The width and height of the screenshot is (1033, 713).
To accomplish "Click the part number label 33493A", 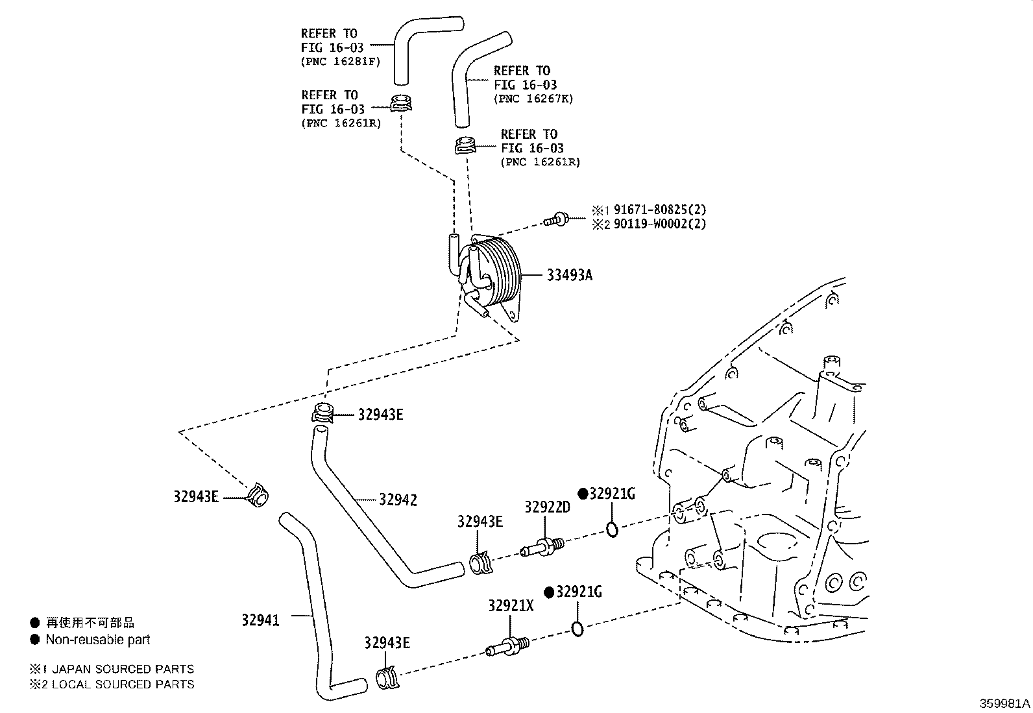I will pyautogui.click(x=569, y=275).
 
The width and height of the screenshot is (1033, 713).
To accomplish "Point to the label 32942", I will pyautogui.click(x=398, y=500).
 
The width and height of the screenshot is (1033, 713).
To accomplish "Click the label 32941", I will pyautogui.click(x=260, y=620).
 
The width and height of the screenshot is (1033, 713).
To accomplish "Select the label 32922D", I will pyautogui.click(x=547, y=507).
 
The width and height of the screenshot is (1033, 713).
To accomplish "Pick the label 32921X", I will pyautogui.click(x=511, y=605).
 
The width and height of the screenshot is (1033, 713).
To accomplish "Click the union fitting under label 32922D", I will pyautogui.click(x=542, y=546).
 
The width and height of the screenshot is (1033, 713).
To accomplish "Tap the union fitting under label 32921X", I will pyautogui.click(x=508, y=647).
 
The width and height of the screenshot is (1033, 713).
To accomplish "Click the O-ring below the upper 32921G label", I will pyautogui.click(x=612, y=529).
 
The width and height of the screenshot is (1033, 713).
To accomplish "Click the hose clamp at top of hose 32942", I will pyautogui.click(x=322, y=413).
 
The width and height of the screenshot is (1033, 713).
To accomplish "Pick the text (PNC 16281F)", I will pyautogui.click(x=340, y=62).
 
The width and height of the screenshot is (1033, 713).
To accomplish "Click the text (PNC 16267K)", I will pyautogui.click(x=533, y=99).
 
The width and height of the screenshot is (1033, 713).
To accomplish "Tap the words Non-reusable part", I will pyautogui.click(x=97, y=640).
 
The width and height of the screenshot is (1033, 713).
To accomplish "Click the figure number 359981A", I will pyautogui.click(x=1004, y=703).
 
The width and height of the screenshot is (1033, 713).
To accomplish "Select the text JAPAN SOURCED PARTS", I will pyautogui.click(x=123, y=669).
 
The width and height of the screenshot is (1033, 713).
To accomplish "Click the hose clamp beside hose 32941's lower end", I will pyautogui.click(x=388, y=677).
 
